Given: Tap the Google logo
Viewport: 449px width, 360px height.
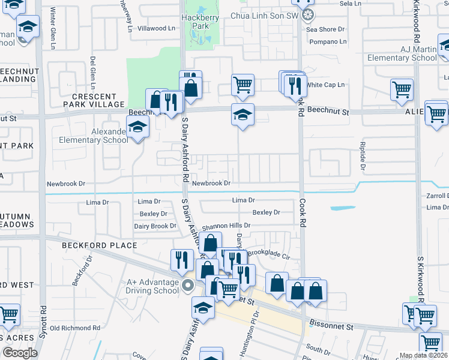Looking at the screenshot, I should (x=20, y=353).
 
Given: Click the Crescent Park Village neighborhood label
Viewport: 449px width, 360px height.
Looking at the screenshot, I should (x=94, y=100).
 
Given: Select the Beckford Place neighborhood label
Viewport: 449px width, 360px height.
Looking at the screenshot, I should (x=98, y=245).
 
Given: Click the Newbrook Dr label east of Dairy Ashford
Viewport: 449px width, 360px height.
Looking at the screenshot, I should (x=211, y=183).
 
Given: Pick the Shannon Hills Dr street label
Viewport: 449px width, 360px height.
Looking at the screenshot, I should (x=226, y=226).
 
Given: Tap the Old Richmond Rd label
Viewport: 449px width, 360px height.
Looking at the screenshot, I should (x=74, y=328).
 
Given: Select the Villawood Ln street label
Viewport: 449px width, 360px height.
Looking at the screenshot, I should (x=152, y=28).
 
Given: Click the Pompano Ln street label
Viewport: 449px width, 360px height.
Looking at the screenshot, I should (x=328, y=42).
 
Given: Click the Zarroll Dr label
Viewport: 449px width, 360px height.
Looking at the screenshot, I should (x=438, y=196).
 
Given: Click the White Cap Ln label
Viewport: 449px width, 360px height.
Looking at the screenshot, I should (x=325, y=85).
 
